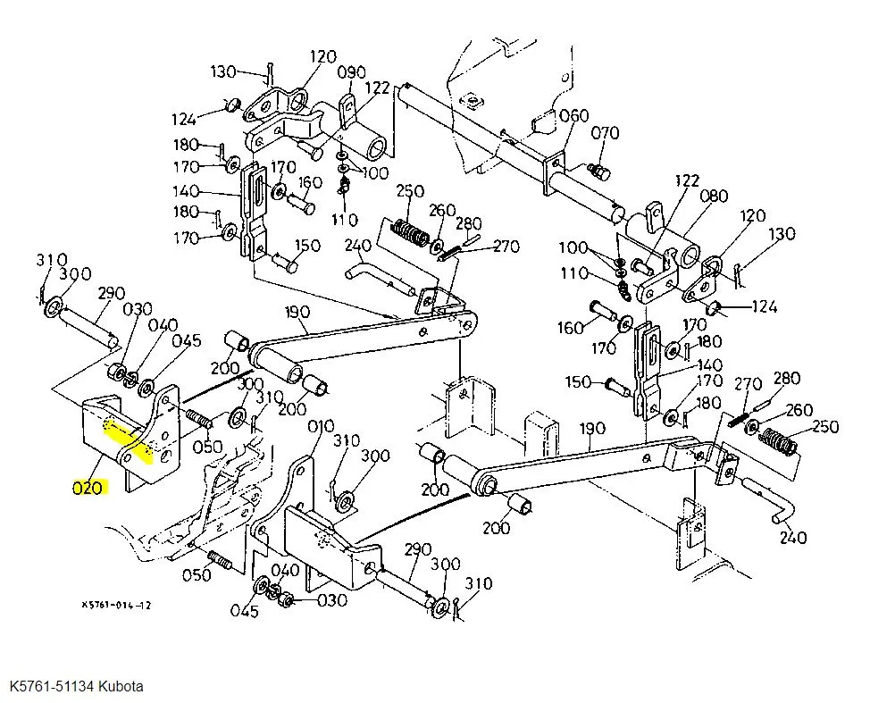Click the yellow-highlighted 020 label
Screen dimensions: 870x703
tap(88, 489)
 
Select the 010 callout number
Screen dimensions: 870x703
tap(322, 427)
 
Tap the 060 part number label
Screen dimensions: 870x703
tap(573, 116)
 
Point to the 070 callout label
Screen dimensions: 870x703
tap(605, 133)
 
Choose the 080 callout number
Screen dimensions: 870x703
tap(714, 196)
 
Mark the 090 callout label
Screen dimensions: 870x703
tap(352, 72)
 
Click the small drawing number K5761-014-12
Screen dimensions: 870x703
tap(116, 605)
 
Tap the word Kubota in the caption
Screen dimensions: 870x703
tap(121, 686)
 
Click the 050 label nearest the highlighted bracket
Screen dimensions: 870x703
tap(207, 448)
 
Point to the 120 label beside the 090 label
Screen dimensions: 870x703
tap(323, 56)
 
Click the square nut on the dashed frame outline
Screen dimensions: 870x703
tap(473, 102)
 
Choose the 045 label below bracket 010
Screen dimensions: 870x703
tap(245, 612)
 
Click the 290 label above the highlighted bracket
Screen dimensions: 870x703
tap(112, 294)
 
